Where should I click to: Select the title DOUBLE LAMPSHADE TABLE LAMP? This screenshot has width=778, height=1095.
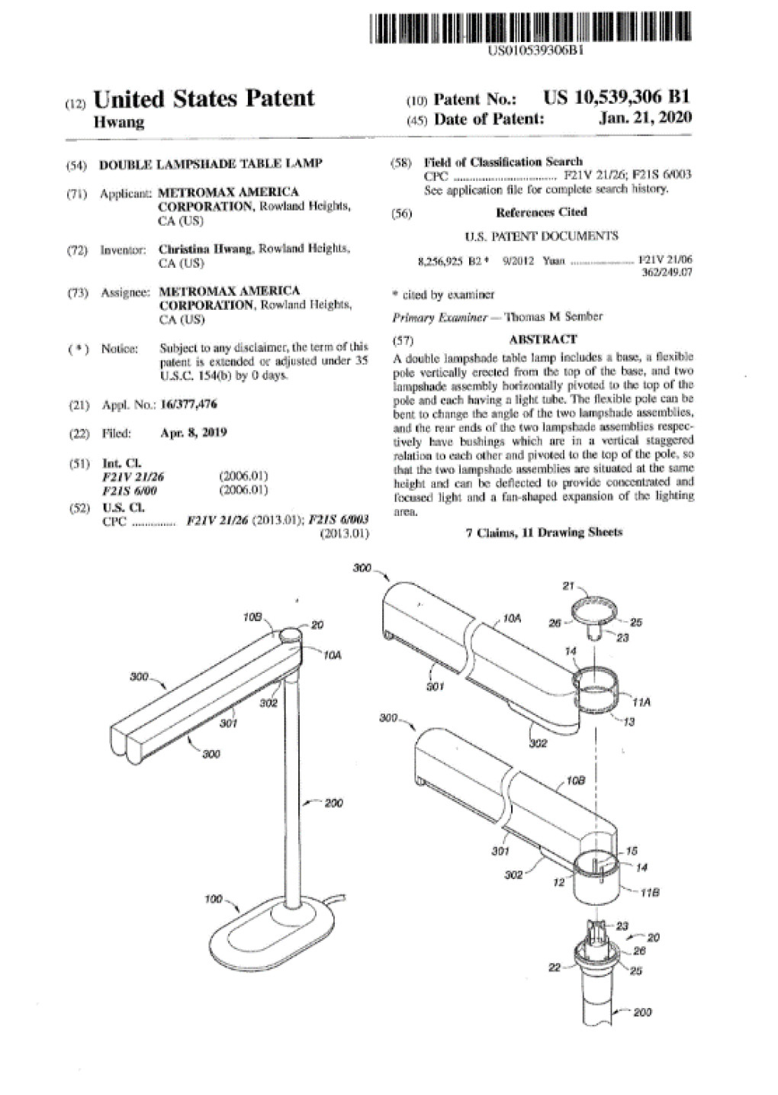click(x=211, y=163)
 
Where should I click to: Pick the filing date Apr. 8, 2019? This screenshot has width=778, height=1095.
click(x=194, y=433)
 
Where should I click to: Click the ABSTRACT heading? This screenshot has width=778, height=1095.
click(x=542, y=339)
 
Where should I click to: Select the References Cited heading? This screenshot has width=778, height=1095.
click(x=541, y=212)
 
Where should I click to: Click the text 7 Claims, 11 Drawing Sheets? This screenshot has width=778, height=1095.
click(x=543, y=532)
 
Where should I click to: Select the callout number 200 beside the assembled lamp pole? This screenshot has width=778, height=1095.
click(x=334, y=803)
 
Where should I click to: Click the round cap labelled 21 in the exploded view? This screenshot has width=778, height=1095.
click(x=593, y=610)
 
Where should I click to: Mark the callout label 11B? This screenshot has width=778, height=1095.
click(x=649, y=892)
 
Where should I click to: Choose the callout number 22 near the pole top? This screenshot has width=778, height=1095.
click(x=555, y=968)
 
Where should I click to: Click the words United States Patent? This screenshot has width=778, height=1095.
click(x=203, y=98)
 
